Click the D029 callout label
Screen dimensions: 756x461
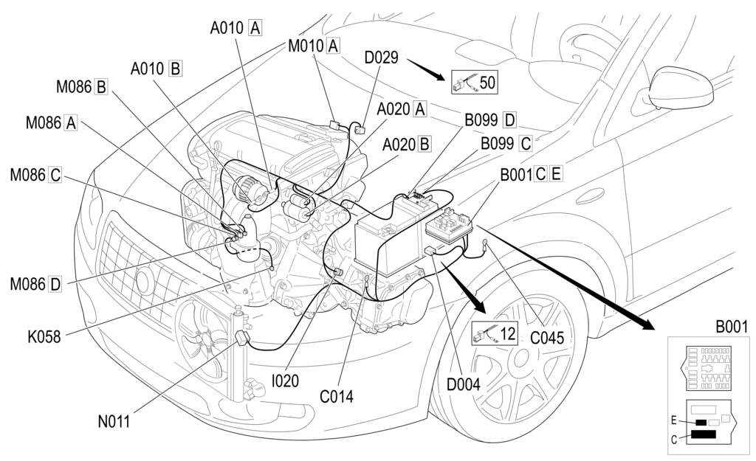point(381,58)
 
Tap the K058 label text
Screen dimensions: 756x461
point(44,336)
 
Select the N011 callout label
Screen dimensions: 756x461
point(114,421)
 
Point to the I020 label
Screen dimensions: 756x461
point(285,381)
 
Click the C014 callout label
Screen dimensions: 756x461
point(337,396)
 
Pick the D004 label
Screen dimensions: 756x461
point(464,384)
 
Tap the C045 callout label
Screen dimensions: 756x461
point(547,338)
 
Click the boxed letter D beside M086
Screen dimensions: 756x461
point(55,284)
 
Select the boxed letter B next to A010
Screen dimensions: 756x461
point(175,69)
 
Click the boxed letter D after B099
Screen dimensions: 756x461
point(509,119)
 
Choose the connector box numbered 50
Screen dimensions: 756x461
point(474,83)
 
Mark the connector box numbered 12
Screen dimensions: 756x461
point(494,333)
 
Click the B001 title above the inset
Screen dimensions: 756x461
point(732,327)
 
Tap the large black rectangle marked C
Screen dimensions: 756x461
point(703,434)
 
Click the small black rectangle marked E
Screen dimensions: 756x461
point(701,423)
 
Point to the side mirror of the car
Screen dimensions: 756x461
point(680,88)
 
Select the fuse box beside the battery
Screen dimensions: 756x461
point(448,226)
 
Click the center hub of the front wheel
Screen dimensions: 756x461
point(520,358)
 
